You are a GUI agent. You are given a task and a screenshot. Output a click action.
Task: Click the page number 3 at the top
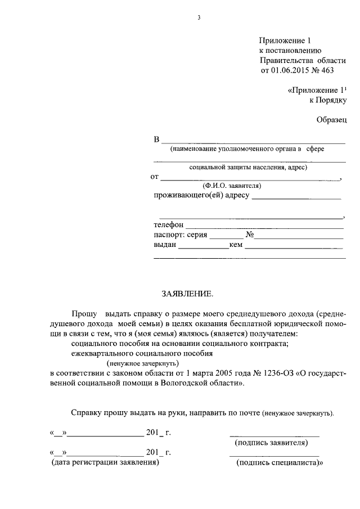coord(199,18)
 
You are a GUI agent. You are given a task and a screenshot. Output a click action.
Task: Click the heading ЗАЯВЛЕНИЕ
coord(188,294)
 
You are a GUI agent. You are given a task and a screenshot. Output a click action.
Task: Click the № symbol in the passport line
coord(251,235)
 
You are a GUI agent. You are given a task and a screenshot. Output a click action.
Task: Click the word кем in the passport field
coord(236,245)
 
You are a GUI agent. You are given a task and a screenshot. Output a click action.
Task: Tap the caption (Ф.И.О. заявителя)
coord(232,186)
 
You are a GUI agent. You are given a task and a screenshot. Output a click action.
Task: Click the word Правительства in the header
coord(287,60)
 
